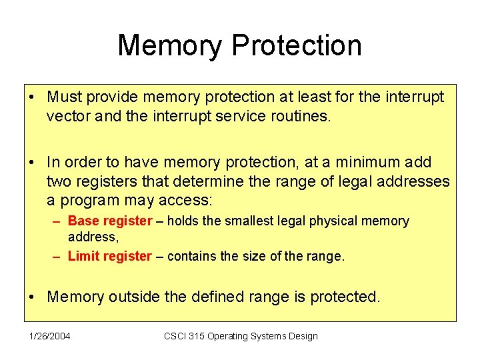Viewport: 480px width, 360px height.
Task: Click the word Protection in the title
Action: click(x=297, y=46)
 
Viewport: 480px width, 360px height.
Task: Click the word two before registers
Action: click(x=58, y=181)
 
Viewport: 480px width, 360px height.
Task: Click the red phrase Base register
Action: click(x=110, y=221)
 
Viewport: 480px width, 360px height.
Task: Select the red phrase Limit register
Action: click(x=110, y=256)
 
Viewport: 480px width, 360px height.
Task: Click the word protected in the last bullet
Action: click(x=345, y=297)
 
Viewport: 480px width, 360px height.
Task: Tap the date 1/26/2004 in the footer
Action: click(x=49, y=336)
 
